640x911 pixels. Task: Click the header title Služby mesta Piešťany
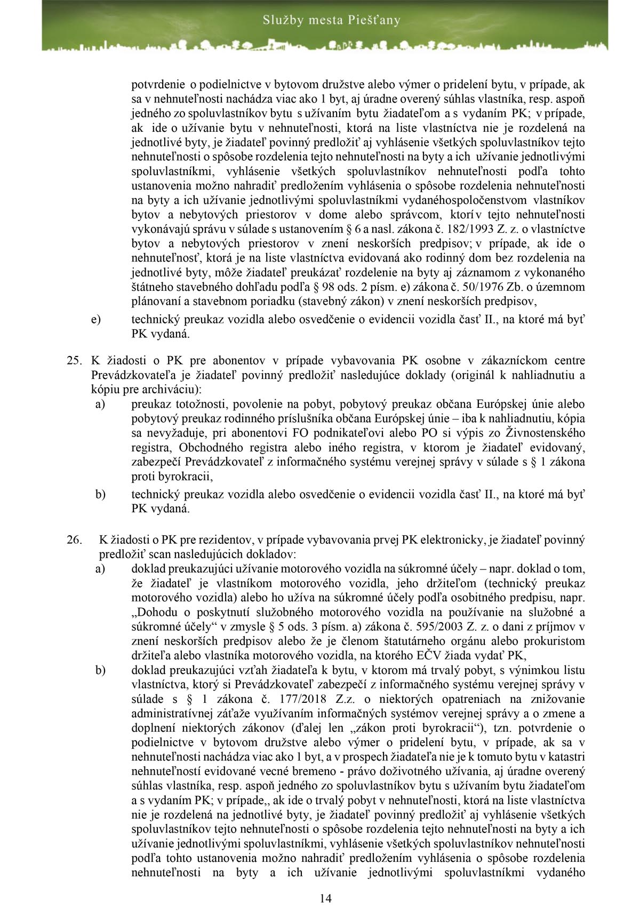[331, 21]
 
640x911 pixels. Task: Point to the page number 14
[326, 898]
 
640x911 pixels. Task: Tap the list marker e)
[96, 320]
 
